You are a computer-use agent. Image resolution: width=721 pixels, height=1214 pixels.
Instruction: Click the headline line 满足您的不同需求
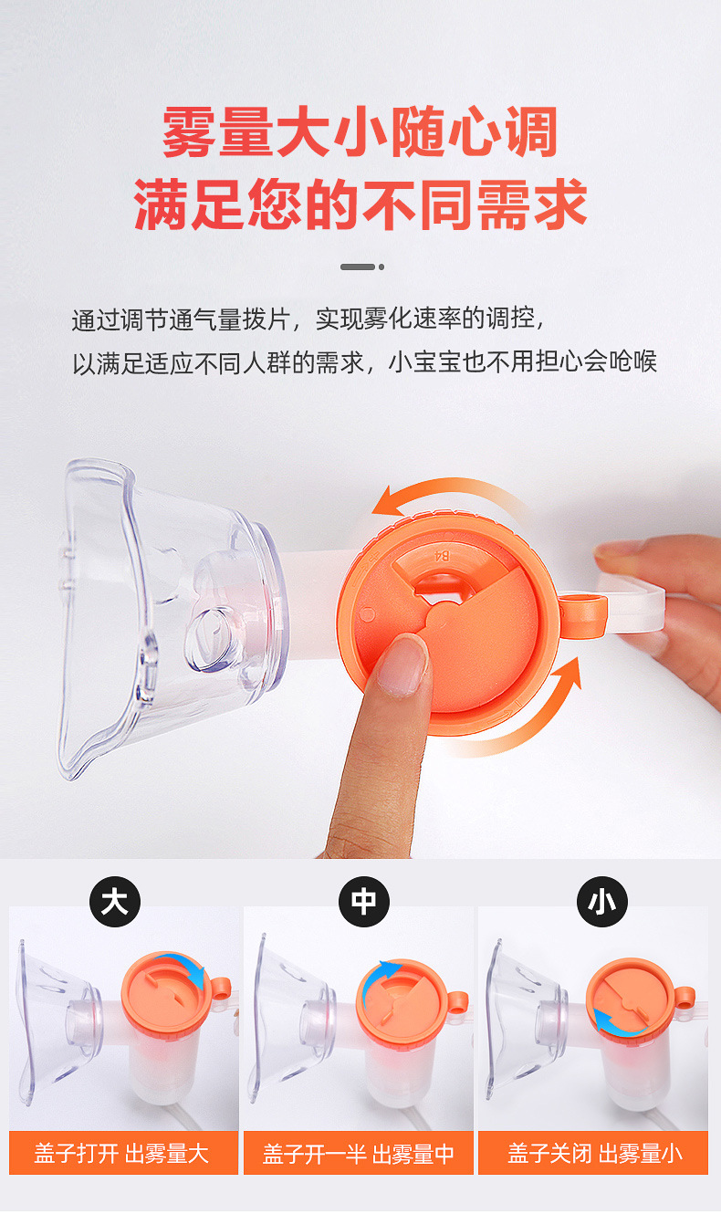(360, 204)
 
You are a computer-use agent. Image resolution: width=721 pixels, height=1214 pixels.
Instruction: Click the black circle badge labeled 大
(114, 902)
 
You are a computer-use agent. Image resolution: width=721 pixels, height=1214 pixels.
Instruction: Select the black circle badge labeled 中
(362, 902)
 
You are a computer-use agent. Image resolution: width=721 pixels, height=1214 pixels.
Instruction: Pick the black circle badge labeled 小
(601, 902)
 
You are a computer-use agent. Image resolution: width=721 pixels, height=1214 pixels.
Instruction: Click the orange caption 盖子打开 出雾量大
(122, 1153)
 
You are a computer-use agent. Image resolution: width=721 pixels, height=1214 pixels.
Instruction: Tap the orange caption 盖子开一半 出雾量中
(359, 1153)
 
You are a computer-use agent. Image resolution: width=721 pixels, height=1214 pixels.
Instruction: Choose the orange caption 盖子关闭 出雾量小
(594, 1153)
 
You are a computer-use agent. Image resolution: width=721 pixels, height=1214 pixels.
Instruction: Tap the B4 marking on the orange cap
(442, 554)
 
